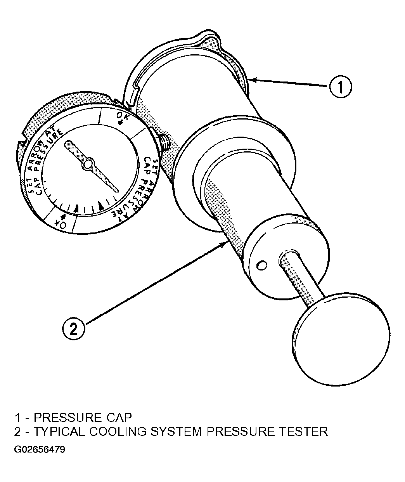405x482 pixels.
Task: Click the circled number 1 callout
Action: tap(340, 87)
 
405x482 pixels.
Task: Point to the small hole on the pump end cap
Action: tap(261, 265)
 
